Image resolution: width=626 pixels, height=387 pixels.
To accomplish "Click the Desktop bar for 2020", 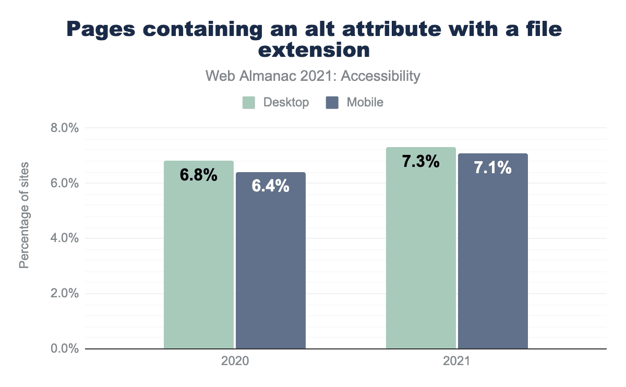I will tap(198, 261).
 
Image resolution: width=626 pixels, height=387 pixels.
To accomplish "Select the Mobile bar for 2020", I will tap(270, 266).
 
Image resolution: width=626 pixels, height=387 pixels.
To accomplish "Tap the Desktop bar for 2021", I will tap(420, 256).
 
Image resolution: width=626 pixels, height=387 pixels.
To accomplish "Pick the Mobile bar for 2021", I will tap(492, 258).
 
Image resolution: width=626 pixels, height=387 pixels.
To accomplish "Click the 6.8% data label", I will tap(198, 175).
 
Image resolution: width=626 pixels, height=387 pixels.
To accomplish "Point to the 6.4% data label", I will tap(270, 186).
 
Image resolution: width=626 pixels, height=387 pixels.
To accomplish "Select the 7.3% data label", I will tap(420, 162).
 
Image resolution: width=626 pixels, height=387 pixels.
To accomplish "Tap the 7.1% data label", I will tap(492, 168).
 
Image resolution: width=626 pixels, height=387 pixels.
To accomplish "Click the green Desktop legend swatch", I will tap(249, 102).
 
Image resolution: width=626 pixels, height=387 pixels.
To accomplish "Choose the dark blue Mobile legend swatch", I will tap(332, 102).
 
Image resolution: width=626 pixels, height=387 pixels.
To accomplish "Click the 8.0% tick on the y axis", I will tap(63, 128).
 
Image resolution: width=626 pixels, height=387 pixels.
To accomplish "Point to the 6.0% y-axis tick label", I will tap(63, 183).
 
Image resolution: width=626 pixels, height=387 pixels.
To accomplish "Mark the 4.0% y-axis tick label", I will tap(63, 238).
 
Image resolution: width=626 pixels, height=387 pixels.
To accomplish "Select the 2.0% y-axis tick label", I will tap(63, 293).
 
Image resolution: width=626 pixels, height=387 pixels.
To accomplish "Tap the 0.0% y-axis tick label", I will tap(63, 348).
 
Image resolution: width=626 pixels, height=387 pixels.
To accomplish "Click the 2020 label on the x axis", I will tap(235, 361).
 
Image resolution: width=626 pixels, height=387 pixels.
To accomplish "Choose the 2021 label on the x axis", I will tap(456, 361).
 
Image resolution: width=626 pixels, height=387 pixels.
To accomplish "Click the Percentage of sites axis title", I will tap(24, 215).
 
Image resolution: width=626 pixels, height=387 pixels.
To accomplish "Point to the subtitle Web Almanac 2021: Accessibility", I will tap(313, 76).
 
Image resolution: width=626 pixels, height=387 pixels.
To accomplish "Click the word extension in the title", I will tap(313, 51).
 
